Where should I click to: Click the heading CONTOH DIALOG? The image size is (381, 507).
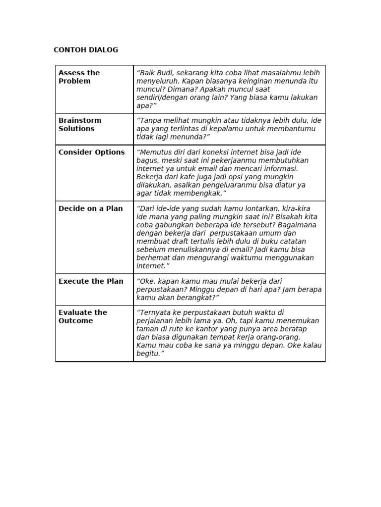86,50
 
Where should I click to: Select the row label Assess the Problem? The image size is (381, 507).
79,77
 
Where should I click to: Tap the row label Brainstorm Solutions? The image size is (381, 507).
79,124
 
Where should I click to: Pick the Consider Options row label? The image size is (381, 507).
91,152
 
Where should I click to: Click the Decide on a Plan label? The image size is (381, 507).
90,208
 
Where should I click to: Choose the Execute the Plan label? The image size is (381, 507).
91,281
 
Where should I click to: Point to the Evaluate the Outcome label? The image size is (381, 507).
82,316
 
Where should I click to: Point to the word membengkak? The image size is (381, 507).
201,193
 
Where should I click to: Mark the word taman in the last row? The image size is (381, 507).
147,329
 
